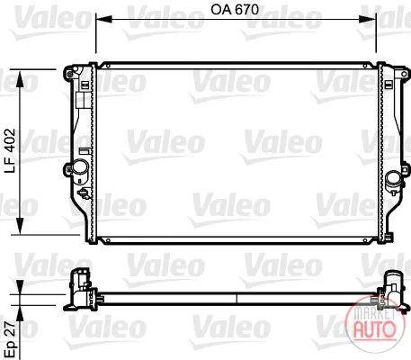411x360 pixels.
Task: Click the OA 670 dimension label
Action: point(235,10)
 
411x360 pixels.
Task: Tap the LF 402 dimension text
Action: point(10,150)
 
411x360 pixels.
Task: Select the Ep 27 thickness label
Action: point(10,339)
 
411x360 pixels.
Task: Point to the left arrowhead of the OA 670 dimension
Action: point(103,20)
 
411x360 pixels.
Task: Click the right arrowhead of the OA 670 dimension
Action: point(368,20)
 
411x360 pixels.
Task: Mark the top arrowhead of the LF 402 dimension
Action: point(20,79)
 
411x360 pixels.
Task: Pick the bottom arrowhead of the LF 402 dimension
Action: point(20,226)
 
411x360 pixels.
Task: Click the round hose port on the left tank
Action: point(80,166)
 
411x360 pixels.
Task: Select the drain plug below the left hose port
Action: point(84,193)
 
